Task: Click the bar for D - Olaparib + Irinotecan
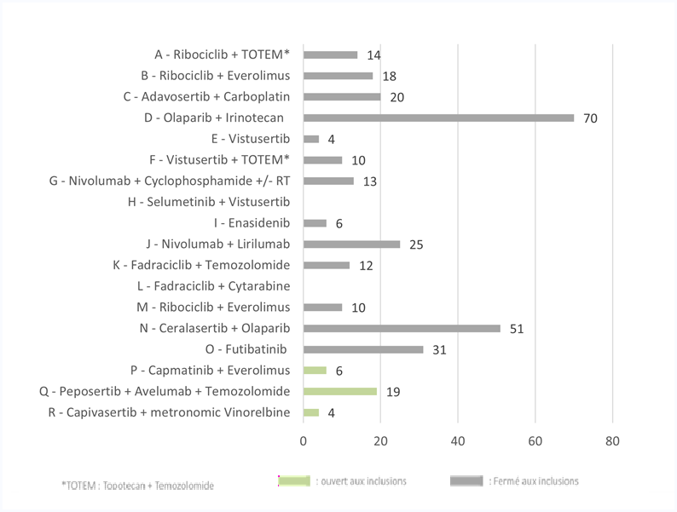point(438,118)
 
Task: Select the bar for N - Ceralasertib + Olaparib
point(402,329)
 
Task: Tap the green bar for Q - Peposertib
point(340,392)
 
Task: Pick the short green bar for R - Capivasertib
point(311,413)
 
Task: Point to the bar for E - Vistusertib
point(311,139)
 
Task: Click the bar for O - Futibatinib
point(363,349)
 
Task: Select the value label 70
point(590,118)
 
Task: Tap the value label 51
point(517,329)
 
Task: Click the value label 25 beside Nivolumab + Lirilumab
point(416,244)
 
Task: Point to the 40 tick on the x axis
point(458,440)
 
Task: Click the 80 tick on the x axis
point(612,440)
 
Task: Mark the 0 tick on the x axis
point(303,440)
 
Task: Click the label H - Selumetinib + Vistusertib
point(209,202)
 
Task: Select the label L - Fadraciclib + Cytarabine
point(214,286)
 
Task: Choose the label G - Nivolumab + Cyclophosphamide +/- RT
point(170,181)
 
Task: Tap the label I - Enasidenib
point(252,223)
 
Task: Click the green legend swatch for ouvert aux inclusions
point(294,481)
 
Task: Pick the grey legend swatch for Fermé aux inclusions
point(466,481)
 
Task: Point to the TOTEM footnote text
point(138,486)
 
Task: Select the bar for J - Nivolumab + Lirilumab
point(352,244)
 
